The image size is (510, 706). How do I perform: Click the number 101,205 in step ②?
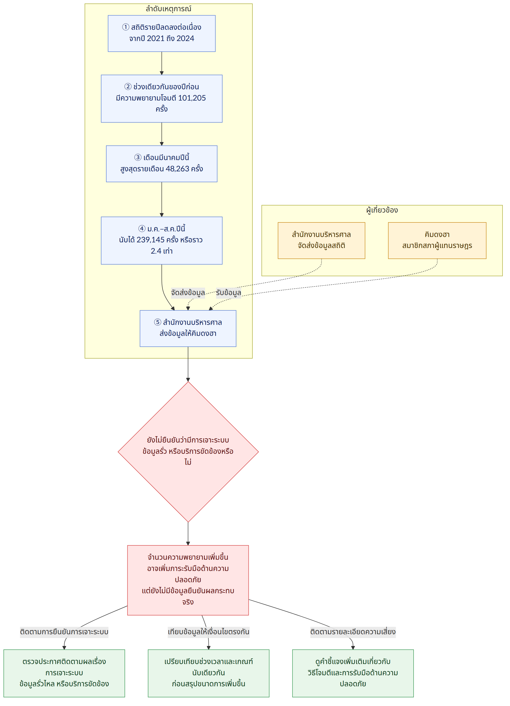pyautogui.click(x=192, y=98)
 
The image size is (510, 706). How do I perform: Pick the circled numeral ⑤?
pyautogui.click(x=158, y=322)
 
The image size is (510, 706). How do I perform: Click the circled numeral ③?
pyautogui.click(x=138, y=158)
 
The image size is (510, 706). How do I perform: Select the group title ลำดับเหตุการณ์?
pyautogui.click(x=168, y=9)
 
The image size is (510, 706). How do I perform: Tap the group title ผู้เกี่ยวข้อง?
pyautogui.click(x=382, y=210)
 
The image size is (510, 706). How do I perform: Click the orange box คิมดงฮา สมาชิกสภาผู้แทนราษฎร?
pyautogui.click(x=437, y=240)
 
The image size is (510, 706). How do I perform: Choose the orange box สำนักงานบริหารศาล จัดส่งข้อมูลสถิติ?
pyautogui.click(x=322, y=240)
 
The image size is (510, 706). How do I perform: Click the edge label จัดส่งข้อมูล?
pyautogui.click(x=188, y=293)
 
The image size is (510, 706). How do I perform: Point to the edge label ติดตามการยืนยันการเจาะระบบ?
pyautogui.click(x=64, y=632)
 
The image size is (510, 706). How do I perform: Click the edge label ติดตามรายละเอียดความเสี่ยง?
pyautogui.click(x=353, y=632)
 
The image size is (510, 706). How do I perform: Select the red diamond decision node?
pyautogui.click(x=188, y=452)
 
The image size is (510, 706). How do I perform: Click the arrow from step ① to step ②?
pyautogui.click(x=162, y=63)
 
